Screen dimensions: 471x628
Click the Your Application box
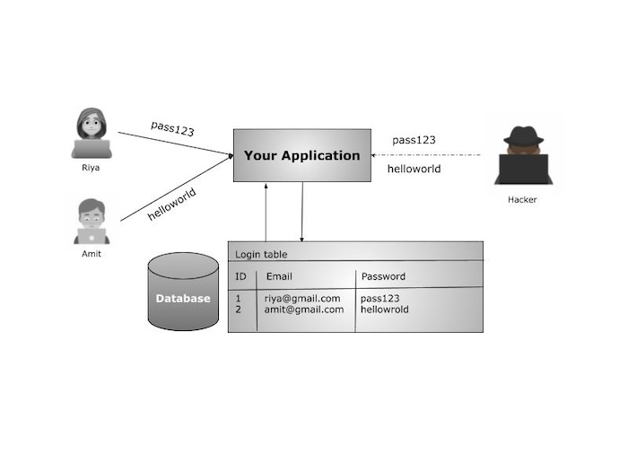point(301,155)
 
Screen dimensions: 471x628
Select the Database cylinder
point(183,292)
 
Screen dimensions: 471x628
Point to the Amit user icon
point(91,222)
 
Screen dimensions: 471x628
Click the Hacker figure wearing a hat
point(523,155)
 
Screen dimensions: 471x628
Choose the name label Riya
point(91,167)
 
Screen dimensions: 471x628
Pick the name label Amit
point(91,254)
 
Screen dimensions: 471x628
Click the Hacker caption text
point(522,200)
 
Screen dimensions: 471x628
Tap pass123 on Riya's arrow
point(172,128)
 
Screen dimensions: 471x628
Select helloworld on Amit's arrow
point(171,203)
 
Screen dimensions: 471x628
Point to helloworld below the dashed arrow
point(414,169)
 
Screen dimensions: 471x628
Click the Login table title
point(261,254)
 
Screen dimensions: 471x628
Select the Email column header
point(279,276)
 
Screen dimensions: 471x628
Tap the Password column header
point(383,276)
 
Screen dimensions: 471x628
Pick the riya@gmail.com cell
point(302,298)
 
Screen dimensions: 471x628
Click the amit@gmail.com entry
point(303,310)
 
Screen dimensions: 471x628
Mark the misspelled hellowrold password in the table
point(384,310)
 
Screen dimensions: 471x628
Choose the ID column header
point(240,276)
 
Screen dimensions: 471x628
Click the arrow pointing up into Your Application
point(266,211)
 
